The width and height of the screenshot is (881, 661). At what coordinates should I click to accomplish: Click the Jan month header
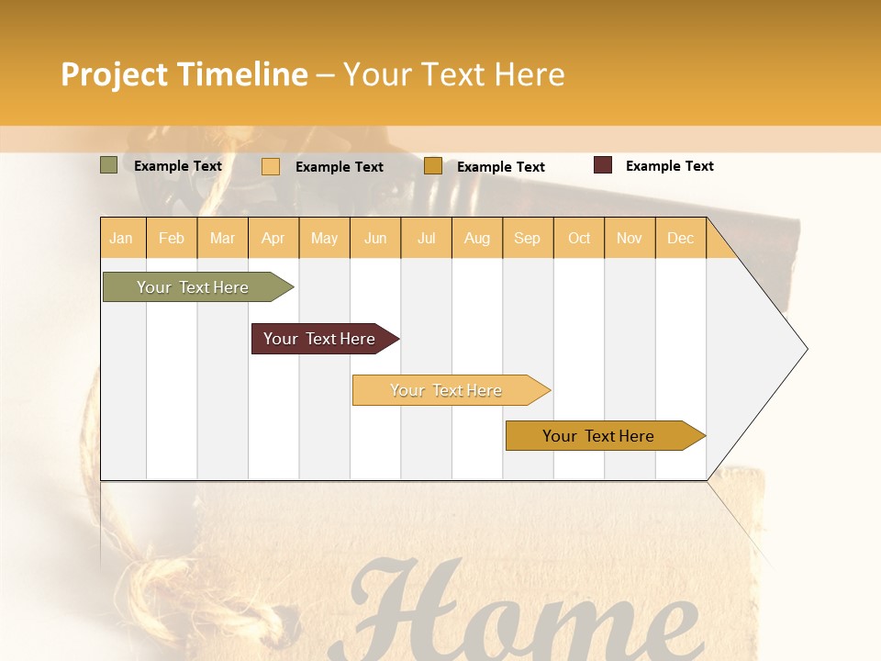coord(122,238)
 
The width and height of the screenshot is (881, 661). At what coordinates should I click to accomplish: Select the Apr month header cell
coord(273,238)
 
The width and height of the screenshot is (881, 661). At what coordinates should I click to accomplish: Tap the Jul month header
coord(426,238)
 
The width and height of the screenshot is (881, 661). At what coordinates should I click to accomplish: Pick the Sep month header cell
coord(528,238)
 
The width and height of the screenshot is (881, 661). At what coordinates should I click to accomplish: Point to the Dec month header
coord(680,238)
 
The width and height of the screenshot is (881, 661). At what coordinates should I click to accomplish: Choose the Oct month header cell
coord(579,238)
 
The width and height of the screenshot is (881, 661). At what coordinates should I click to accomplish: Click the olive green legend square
coord(108,165)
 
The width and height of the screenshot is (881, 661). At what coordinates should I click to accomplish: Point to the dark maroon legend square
coord(603,165)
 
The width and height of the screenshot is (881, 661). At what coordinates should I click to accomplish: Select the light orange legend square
coord(271,166)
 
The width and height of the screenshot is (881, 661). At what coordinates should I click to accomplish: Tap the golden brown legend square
coord(433,166)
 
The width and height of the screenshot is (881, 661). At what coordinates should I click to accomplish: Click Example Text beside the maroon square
coord(670,166)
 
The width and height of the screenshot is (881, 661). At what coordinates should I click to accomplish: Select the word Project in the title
coord(115,74)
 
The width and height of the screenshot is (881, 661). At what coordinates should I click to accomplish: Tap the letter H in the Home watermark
coord(413,611)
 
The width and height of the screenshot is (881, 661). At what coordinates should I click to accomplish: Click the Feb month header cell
coord(172,238)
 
